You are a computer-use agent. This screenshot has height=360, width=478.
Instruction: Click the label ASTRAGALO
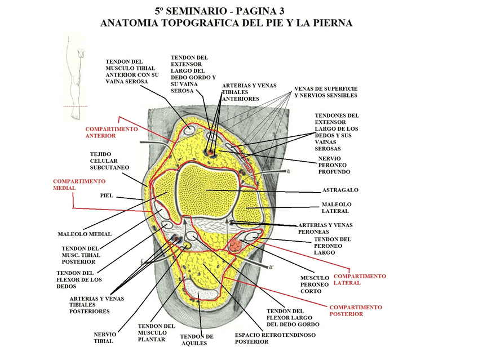click(x=340, y=190)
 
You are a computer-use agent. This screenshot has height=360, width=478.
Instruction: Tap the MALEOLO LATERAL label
click(x=336, y=207)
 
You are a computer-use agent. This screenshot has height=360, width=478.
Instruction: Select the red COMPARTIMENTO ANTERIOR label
click(x=111, y=132)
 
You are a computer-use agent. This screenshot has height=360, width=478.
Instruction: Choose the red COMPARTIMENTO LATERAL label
click(x=360, y=279)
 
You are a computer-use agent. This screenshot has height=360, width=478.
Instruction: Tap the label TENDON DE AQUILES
click(x=197, y=340)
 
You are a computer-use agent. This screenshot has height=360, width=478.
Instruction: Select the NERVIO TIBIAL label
click(x=105, y=337)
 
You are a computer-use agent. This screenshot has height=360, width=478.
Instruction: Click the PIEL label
click(x=107, y=195)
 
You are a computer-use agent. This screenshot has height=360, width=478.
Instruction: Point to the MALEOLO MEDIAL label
click(x=85, y=234)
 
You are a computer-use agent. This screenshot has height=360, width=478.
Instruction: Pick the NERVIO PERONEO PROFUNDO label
click(x=334, y=165)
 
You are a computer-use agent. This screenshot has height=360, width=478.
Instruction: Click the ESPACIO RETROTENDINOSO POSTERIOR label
click(x=275, y=337)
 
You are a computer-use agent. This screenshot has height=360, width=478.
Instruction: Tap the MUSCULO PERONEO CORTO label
click(x=315, y=285)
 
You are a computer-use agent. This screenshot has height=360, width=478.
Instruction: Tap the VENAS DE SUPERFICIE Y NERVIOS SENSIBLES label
click(x=326, y=92)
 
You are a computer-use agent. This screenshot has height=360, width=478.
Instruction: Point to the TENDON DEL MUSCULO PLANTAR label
click(x=156, y=332)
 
